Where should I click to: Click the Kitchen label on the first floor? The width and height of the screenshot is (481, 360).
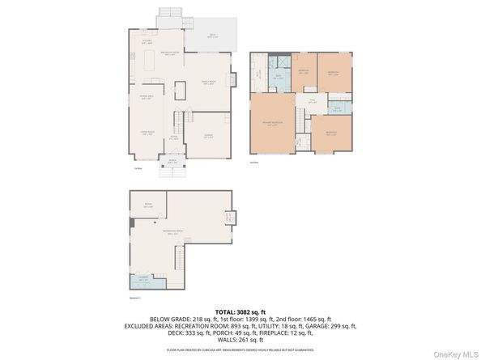click(147, 40)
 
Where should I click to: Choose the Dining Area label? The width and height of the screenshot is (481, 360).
click(147, 98)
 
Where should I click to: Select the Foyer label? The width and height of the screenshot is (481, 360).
click(173, 138)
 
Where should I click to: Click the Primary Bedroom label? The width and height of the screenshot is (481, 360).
click(273, 123)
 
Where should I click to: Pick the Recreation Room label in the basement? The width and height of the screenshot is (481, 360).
click(172, 233)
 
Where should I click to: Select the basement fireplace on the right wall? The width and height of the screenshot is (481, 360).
click(229, 217)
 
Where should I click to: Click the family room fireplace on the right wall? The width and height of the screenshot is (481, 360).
click(232, 79)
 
